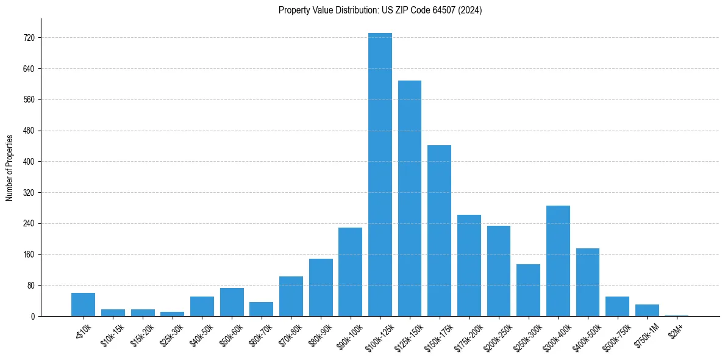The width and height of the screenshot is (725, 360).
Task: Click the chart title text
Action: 380,10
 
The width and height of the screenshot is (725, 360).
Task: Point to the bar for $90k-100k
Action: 350,272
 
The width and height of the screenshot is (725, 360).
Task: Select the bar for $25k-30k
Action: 172,314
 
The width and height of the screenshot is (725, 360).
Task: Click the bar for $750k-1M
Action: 647,311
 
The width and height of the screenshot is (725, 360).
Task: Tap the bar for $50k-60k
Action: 232,302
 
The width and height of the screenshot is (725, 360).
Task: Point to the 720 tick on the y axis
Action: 29,38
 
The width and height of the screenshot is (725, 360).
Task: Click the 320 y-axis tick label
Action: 29,193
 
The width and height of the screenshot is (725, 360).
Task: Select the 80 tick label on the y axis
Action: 30,286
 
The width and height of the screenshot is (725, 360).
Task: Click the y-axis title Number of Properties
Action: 10,167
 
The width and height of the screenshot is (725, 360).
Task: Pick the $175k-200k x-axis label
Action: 468,334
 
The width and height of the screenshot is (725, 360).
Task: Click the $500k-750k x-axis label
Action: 616,334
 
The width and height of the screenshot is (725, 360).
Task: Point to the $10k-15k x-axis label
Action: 113,333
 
